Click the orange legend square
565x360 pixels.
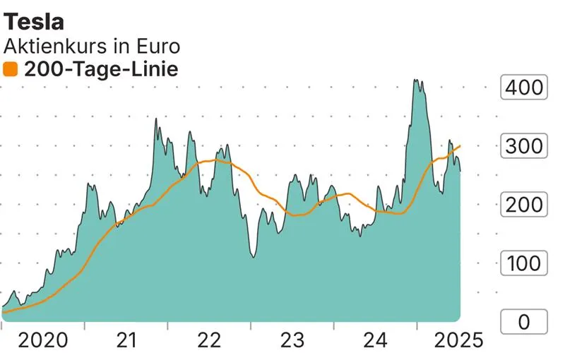coord(11,69)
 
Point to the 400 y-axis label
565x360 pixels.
coord(523,88)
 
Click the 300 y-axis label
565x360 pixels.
coord(523,147)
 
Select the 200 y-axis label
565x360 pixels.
coord(523,205)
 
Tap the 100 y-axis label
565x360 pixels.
coord(523,264)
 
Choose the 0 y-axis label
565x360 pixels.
coord(523,323)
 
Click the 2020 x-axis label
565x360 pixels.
coord(42,341)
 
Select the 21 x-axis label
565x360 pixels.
coord(126,341)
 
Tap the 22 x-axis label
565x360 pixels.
coord(209,341)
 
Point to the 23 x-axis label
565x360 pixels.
coord(292,341)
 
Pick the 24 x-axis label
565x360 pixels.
coord(376,341)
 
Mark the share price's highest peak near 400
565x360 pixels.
coord(417,80)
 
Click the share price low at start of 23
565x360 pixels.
coord(252,257)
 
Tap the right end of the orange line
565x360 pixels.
coord(460,146)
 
